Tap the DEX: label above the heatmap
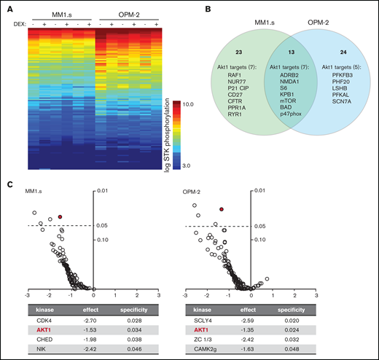click(x=17, y=23)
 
